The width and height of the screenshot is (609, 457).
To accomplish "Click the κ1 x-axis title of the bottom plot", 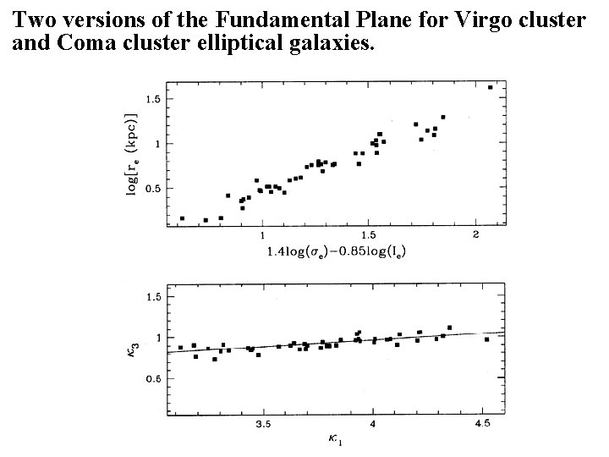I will pos(337,438).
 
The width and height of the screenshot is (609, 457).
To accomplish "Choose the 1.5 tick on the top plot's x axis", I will pos(368,234).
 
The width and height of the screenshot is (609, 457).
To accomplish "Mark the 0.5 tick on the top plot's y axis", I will pos(152,189).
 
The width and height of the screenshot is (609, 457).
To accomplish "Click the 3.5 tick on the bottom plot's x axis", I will pos(263,424).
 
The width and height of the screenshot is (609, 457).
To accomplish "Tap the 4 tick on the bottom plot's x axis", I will pos(372,424).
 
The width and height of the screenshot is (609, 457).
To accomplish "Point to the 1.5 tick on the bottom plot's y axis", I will pos(152,297).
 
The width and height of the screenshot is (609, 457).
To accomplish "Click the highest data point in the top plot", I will pos(490,87).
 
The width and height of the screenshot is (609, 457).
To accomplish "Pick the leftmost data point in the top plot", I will pos(182,218).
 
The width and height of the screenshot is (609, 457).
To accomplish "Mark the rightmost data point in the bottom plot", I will pos(486,339).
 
